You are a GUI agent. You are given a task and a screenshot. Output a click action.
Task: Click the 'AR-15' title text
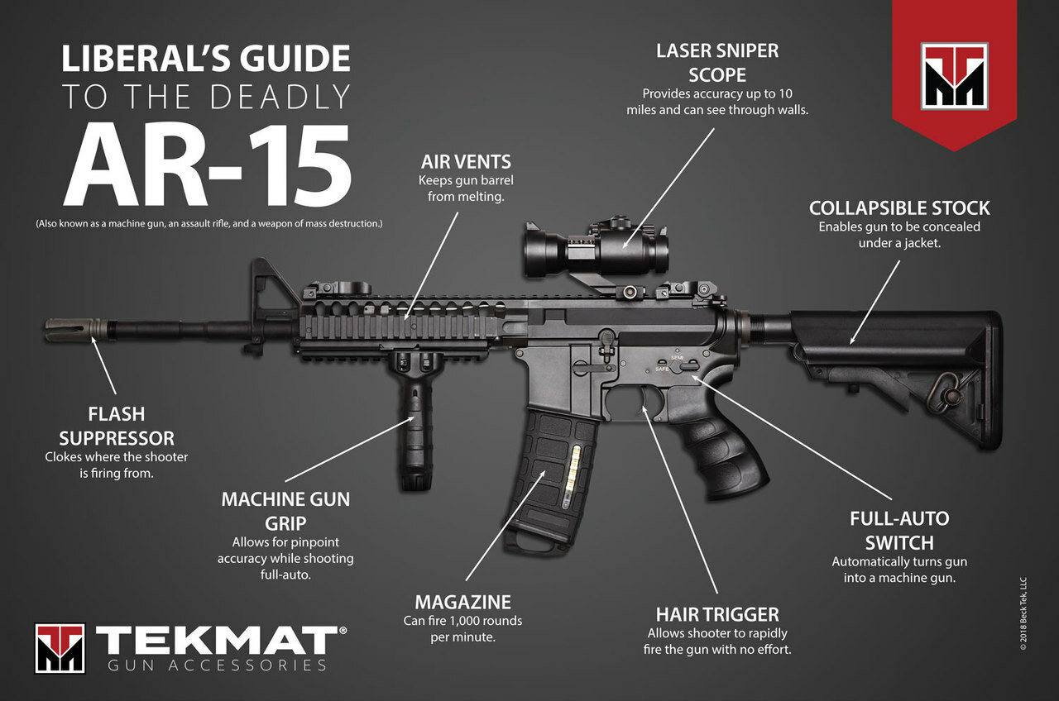click(x=208, y=165)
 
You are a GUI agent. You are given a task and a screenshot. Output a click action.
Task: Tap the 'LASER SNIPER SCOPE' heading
click(x=717, y=63)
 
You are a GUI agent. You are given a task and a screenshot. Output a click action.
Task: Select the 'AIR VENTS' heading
click(x=466, y=162)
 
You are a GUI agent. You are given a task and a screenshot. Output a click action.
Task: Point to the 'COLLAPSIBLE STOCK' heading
click(x=899, y=208)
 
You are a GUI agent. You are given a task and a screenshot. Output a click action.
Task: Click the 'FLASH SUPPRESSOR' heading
click(x=117, y=426)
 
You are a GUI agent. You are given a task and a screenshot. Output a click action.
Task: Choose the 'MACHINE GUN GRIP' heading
click(x=285, y=511)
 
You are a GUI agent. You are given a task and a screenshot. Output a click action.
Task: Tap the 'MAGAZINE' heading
click(x=462, y=603)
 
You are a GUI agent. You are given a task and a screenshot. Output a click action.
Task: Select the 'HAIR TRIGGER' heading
click(x=717, y=614)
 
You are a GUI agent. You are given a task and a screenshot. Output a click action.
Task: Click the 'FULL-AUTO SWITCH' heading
click(x=899, y=531)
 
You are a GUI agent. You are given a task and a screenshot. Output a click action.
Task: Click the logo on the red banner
click(x=955, y=77)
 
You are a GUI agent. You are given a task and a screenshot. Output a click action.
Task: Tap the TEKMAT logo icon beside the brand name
click(x=60, y=648)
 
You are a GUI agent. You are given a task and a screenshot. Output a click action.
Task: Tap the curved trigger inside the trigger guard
click(x=643, y=398)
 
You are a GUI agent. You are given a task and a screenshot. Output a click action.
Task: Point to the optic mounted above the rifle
click(x=597, y=248)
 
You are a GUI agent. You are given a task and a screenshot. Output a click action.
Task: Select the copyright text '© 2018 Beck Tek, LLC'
click(x=1023, y=613)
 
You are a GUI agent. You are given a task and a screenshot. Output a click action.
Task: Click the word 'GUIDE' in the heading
click(x=295, y=59)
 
